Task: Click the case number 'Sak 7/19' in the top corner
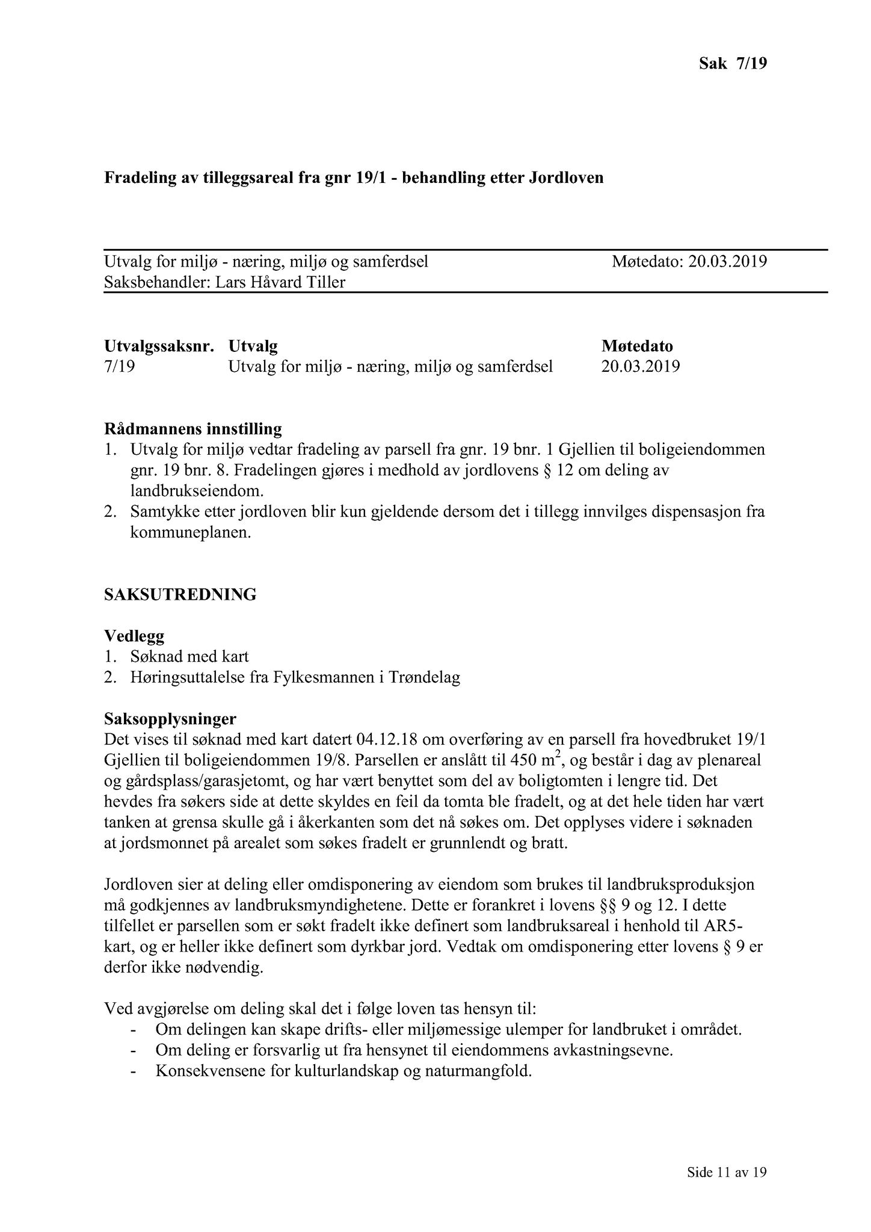tap(733, 63)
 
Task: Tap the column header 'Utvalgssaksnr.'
tap(159, 346)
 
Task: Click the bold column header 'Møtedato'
tap(637, 346)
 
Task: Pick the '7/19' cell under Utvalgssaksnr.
tap(119, 366)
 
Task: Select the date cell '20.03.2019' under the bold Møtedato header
tap(641, 366)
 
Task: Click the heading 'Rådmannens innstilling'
tap(193, 429)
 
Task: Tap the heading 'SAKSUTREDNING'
tap(180, 594)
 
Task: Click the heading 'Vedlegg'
tap(134, 636)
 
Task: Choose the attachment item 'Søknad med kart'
tap(189, 656)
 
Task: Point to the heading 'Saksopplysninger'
tap(170, 719)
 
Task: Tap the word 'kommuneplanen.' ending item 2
tap(190, 533)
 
